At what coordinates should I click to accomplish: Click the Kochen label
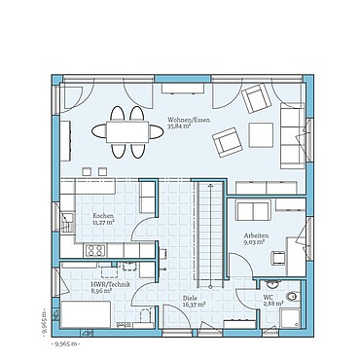(x=103, y=215)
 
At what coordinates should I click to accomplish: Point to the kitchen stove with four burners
(x=97, y=251)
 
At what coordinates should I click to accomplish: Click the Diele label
(x=190, y=298)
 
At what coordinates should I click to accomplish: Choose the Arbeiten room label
(x=256, y=235)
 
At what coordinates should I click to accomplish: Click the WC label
(x=268, y=298)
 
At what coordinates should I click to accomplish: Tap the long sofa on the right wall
(x=292, y=136)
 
